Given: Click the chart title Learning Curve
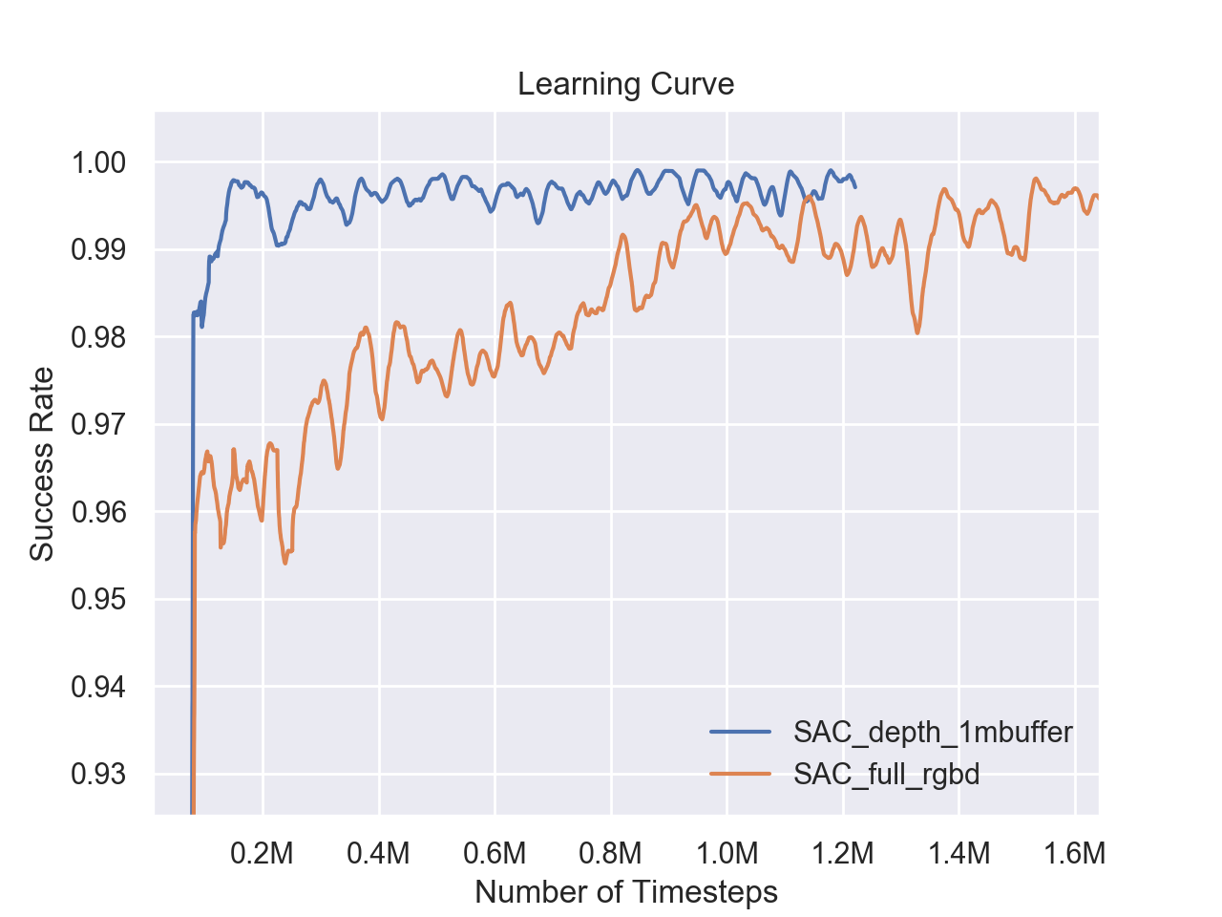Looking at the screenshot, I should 625,84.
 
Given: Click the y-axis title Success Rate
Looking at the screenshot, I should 41,463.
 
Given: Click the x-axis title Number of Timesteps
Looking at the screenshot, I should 625,891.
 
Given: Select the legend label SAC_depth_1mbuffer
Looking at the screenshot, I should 933,733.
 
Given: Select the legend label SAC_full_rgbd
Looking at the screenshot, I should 886,773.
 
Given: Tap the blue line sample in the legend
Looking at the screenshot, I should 740,733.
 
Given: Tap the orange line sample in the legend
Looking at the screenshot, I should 740,773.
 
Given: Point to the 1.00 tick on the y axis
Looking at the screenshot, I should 99,162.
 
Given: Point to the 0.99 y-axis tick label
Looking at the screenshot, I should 99,249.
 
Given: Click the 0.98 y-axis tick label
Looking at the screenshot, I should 99,337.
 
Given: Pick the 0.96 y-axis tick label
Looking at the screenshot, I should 99,512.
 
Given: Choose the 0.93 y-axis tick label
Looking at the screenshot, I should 99,774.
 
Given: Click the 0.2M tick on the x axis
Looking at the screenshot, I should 263,852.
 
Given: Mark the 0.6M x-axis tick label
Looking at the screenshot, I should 495,852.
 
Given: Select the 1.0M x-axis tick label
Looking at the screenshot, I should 727,852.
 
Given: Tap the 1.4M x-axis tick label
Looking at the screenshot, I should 959,852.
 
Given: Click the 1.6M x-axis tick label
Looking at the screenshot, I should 1075,852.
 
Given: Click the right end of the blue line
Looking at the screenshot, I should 855,186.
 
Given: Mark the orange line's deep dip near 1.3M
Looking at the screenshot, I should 917,332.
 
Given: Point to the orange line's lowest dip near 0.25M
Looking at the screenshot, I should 284,563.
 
